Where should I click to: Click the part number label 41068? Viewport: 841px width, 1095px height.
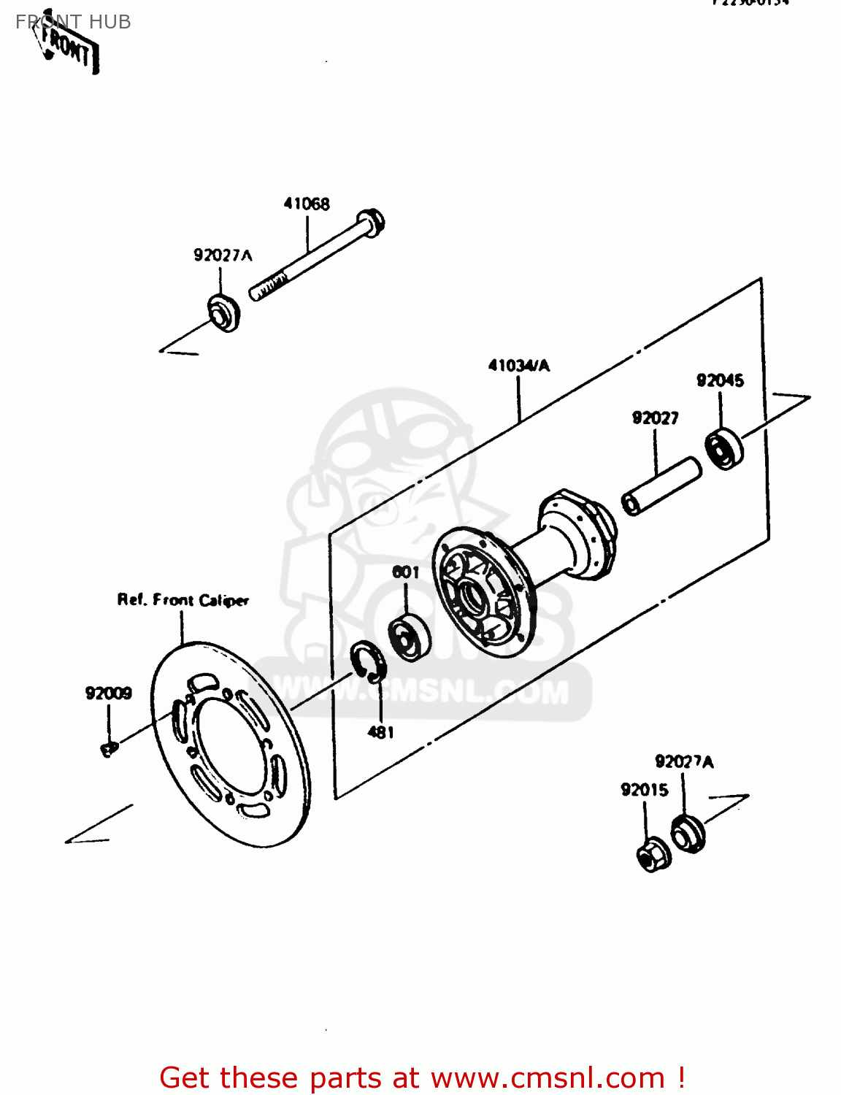pos(307,204)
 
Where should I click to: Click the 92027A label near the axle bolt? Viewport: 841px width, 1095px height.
pos(223,255)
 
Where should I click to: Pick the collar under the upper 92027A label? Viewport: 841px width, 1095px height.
pos(223,313)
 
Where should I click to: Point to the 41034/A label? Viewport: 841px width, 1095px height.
pos(519,366)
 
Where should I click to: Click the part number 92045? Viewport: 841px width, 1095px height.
pos(720,380)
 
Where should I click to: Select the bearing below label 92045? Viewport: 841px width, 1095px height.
pos(724,448)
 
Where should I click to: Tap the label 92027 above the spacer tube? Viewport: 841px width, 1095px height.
pos(655,418)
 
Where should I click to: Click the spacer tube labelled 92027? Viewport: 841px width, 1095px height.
pos(661,486)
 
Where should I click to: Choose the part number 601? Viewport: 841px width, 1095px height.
pos(406,572)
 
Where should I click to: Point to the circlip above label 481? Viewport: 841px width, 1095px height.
pos(368,661)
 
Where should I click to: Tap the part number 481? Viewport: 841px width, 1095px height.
pos(380,731)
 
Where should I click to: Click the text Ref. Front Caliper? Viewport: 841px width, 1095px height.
pos(183,600)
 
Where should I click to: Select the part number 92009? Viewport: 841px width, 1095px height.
pos(109,693)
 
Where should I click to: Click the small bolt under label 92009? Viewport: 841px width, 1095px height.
pos(109,749)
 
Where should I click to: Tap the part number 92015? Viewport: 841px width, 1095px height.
pos(645,789)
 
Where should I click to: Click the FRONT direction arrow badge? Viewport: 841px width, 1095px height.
pos(67,48)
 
